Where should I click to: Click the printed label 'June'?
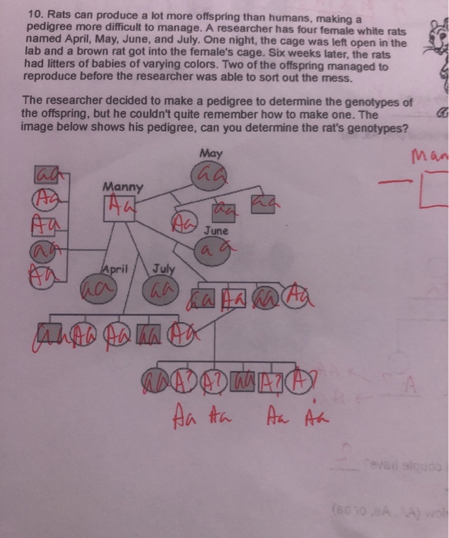pos(215,230)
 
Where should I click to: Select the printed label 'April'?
pos(115,268)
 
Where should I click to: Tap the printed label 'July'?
pos(165,268)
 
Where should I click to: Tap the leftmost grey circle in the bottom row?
pos(151,382)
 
